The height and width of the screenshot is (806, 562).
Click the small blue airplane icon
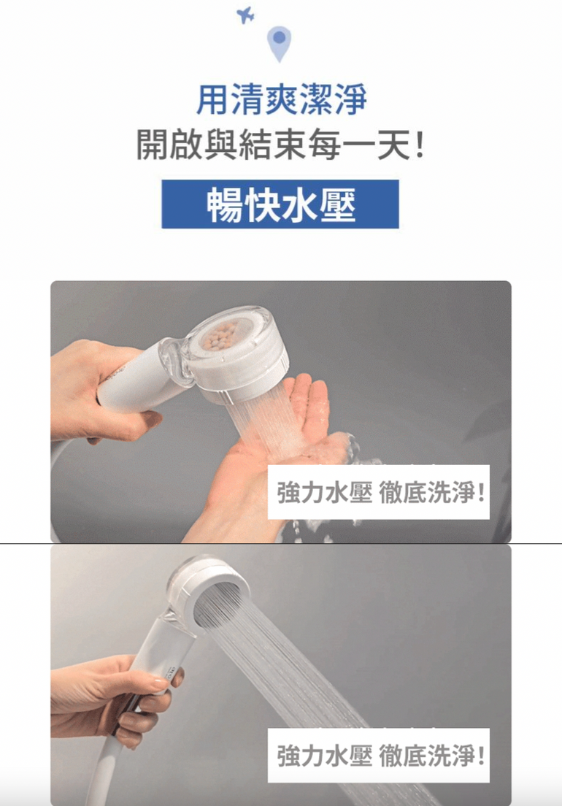(x=245, y=15)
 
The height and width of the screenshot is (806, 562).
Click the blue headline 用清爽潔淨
(x=282, y=99)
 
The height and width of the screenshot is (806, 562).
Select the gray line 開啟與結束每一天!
(x=280, y=145)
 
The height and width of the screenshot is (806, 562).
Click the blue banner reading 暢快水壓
(x=280, y=204)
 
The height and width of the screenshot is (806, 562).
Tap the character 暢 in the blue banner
(x=225, y=204)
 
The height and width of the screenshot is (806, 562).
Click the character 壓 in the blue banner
(x=336, y=204)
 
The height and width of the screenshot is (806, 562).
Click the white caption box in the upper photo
(x=379, y=492)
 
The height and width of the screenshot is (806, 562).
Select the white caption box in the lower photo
(x=379, y=756)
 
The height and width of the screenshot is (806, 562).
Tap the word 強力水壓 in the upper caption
(x=325, y=493)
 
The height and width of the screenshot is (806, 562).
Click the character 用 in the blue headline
(x=212, y=99)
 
